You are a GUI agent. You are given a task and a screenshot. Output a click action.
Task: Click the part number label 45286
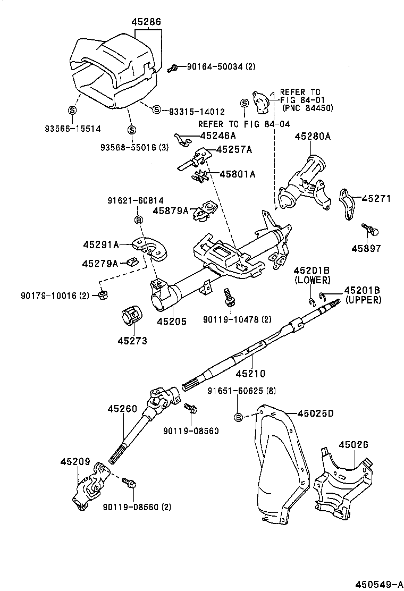pos(146,22)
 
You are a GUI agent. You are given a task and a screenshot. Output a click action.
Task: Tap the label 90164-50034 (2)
pos(221,67)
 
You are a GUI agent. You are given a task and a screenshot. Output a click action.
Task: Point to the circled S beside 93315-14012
pos(156,109)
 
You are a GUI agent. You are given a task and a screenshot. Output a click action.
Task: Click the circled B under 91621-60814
pos(138,219)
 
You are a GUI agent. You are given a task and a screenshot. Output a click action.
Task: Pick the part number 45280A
pos(313,137)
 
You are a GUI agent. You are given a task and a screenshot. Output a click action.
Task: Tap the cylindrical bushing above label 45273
pos(131,317)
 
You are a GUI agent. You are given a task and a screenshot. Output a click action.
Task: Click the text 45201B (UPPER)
pos(363,295)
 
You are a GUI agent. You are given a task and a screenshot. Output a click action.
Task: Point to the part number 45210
pos(250,374)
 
